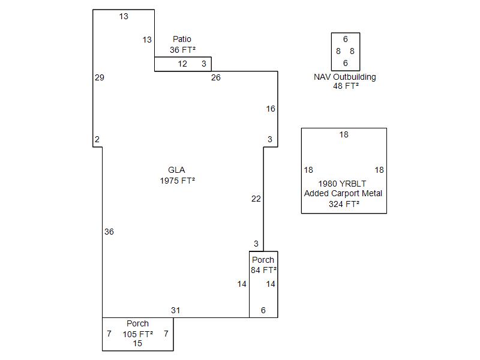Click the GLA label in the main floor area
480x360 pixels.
click(x=176, y=170)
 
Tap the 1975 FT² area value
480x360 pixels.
click(x=177, y=181)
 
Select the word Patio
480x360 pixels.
click(x=182, y=39)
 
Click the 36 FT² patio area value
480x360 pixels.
click(x=182, y=50)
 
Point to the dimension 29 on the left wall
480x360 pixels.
click(x=100, y=77)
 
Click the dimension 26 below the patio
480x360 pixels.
click(x=215, y=77)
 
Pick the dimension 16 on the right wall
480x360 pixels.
click(x=271, y=109)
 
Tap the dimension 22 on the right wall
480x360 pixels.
click(x=256, y=199)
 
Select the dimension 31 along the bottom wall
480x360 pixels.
click(x=175, y=310)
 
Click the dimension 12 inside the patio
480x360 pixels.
click(x=182, y=64)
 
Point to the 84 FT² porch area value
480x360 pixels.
click(x=263, y=270)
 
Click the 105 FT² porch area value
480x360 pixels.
click(x=137, y=334)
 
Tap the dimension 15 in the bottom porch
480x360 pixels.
click(x=137, y=344)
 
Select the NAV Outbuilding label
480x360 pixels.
click(x=345, y=77)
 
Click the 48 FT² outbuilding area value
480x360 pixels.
click(x=346, y=86)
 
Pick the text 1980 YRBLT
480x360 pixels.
click(x=343, y=183)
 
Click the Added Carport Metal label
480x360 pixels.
click(x=343, y=193)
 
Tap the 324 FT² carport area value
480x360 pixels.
click(x=344, y=204)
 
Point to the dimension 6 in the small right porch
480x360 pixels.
click(x=263, y=310)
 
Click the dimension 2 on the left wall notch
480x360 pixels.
click(x=97, y=139)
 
